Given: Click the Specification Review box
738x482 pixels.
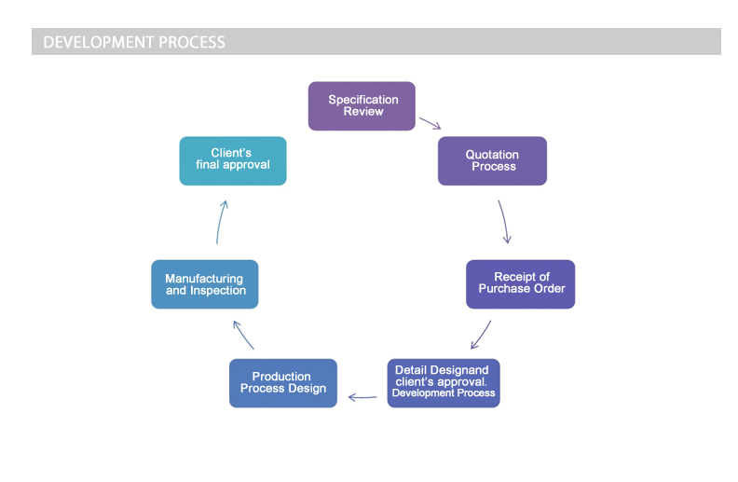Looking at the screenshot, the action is (x=362, y=106).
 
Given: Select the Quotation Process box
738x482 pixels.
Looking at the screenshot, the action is (x=492, y=161).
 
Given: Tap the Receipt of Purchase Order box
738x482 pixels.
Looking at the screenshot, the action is (x=521, y=284).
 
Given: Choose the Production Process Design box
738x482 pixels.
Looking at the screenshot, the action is (x=283, y=383).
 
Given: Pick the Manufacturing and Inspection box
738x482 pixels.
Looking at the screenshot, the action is (x=205, y=284).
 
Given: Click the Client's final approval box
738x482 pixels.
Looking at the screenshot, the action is (x=233, y=161).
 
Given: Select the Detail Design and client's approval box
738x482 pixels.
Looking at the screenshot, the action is (x=444, y=383).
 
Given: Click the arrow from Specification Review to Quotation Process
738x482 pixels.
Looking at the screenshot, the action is (x=430, y=123).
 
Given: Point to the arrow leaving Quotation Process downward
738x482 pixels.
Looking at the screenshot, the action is (x=504, y=221).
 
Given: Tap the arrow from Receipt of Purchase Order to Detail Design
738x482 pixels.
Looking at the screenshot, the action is (x=482, y=335).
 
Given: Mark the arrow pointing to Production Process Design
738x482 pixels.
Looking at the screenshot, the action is (x=362, y=397).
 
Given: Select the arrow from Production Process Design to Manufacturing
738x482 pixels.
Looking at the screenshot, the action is (x=243, y=335).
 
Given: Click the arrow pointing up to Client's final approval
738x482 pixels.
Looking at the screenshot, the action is (x=220, y=222).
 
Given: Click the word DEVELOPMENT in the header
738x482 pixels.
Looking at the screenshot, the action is (x=99, y=42).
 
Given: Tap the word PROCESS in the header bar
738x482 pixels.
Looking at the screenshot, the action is (x=192, y=42).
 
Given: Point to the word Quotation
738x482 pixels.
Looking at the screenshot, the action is (x=492, y=155).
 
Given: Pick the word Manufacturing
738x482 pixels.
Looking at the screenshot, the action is (x=204, y=279).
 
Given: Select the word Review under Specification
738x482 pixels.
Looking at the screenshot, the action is (x=363, y=112).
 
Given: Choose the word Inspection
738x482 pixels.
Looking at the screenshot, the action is (x=218, y=291).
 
